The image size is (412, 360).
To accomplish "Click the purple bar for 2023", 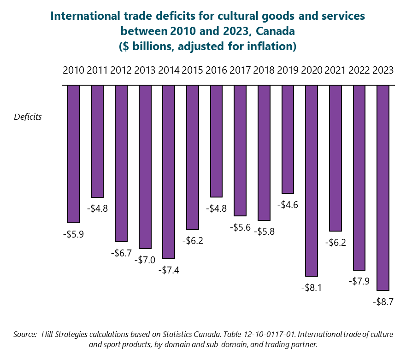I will [383, 187].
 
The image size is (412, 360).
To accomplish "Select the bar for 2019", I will [288, 139].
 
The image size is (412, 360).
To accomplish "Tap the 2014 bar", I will [169, 172].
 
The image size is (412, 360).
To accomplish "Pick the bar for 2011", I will [97, 141].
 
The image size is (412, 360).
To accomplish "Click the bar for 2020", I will [312, 180].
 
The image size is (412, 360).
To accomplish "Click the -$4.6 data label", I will [288, 205].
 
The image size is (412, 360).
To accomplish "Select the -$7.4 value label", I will [169, 270].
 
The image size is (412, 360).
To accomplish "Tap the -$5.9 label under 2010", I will [73, 234].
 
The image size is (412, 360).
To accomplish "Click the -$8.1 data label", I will [312, 288].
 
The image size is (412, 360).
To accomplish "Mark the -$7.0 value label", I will [145, 260].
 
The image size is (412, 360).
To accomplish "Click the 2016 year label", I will [216, 70].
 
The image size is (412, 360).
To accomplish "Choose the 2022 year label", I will [359, 70].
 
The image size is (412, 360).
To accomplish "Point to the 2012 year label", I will [121, 70].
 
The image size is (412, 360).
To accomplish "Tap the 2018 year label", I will [264, 70].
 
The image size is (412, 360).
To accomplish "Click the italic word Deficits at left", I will [28, 116].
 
